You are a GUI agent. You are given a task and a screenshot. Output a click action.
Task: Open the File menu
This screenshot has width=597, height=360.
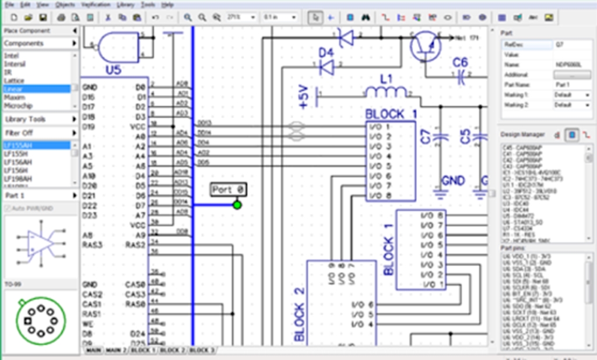(x=10, y=4)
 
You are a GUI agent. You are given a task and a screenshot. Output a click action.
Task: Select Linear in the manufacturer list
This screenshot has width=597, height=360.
(x=13, y=89)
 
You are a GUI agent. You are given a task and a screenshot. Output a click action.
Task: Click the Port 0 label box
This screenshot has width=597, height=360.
(x=228, y=190)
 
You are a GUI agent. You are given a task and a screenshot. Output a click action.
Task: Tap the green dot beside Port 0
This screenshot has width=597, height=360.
(x=237, y=204)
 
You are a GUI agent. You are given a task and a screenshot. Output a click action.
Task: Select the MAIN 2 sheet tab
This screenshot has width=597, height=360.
(x=115, y=350)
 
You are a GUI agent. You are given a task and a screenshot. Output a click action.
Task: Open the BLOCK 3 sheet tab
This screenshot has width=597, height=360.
(x=201, y=350)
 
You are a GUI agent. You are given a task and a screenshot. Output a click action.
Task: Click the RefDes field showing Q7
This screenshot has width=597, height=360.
(x=571, y=44)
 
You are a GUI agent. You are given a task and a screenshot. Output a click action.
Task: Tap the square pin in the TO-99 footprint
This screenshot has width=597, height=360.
(x=27, y=320)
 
